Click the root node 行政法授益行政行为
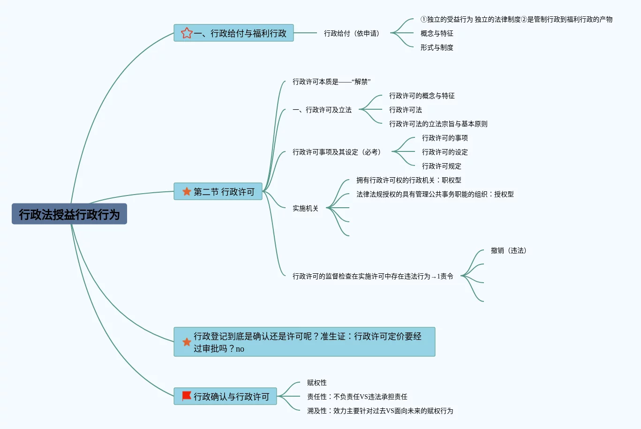(69, 214)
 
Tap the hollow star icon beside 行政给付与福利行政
(187, 33)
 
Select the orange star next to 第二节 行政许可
(187, 191)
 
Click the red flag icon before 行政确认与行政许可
(187, 396)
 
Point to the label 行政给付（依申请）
(352, 33)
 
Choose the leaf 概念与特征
(437, 33)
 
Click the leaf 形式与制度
(437, 47)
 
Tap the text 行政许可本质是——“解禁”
(332, 82)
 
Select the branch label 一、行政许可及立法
(322, 110)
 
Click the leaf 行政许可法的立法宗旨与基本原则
(438, 124)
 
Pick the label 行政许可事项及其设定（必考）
(337, 152)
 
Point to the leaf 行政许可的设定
(445, 152)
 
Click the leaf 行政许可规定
(441, 166)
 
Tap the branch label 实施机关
(305, 208)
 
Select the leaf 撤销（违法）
(508, 250)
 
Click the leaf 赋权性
(317, 383)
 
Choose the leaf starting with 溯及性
(380, 411)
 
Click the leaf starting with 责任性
(357, 397)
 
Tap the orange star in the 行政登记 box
(187, 342)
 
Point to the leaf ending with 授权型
(435, 194)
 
